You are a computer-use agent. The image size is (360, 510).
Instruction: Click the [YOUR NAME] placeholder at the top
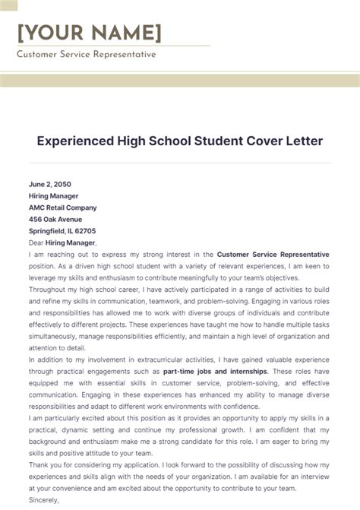90,33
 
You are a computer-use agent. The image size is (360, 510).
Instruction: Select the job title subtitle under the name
86,55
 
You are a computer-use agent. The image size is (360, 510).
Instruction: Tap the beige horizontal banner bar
180,81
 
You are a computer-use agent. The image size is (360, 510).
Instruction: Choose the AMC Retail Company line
63,207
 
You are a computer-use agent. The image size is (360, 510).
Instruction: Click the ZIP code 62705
83,231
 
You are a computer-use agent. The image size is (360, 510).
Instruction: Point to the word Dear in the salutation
36,242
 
